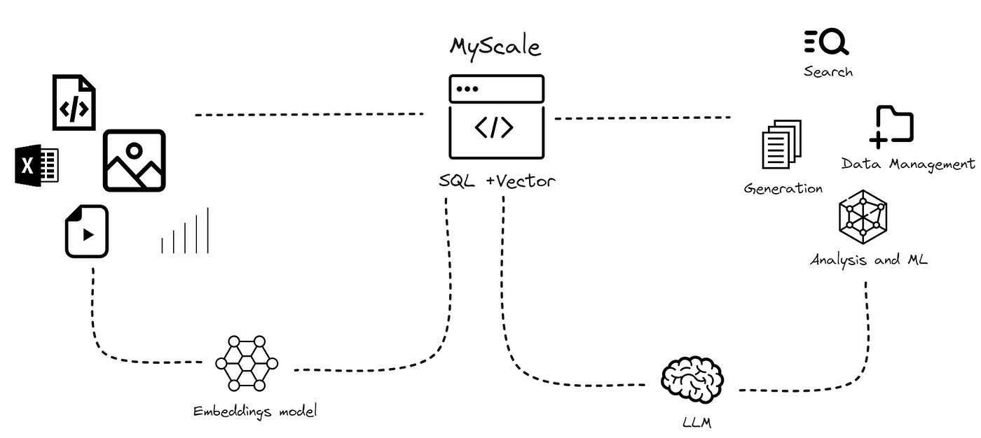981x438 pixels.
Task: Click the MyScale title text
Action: pyautogui.click(x=495, y=47)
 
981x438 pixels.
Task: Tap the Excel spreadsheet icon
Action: pyautogui.click(x=37, y=166)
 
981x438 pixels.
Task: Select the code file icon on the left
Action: pyautogui.click(x=74, y=103)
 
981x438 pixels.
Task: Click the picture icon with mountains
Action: pyautogui.click(x=134, y=160)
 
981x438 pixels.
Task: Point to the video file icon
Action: pyautogui.click(x=87, y=231)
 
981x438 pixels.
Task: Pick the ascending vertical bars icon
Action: pyautogui.click(x=185, y=231)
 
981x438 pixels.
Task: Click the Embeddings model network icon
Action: pyautogui.click(x=247, y=363)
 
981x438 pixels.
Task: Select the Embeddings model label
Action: pyautogui.click(x=255, y=411)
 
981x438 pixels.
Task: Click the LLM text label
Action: pyautogui.click(x=697, y=422)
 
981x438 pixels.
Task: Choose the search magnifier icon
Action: pyautogui.click(x=827, y=43)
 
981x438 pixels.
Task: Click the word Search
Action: pyautogui.click(x=828, y=71)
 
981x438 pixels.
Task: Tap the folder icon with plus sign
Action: pyautogui.click(x=891, y=127)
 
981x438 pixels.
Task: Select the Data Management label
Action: pyautogui.click(x=908, y=164)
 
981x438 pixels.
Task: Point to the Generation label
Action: pyautogui.click(x=783, y=188)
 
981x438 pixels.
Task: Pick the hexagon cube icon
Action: pyautogui.click(x=863, y=217)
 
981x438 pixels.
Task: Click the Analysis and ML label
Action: pyautogui.click(x=869, y=260)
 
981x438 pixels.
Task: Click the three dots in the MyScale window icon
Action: pyautogui.click(x=467, y=89)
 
